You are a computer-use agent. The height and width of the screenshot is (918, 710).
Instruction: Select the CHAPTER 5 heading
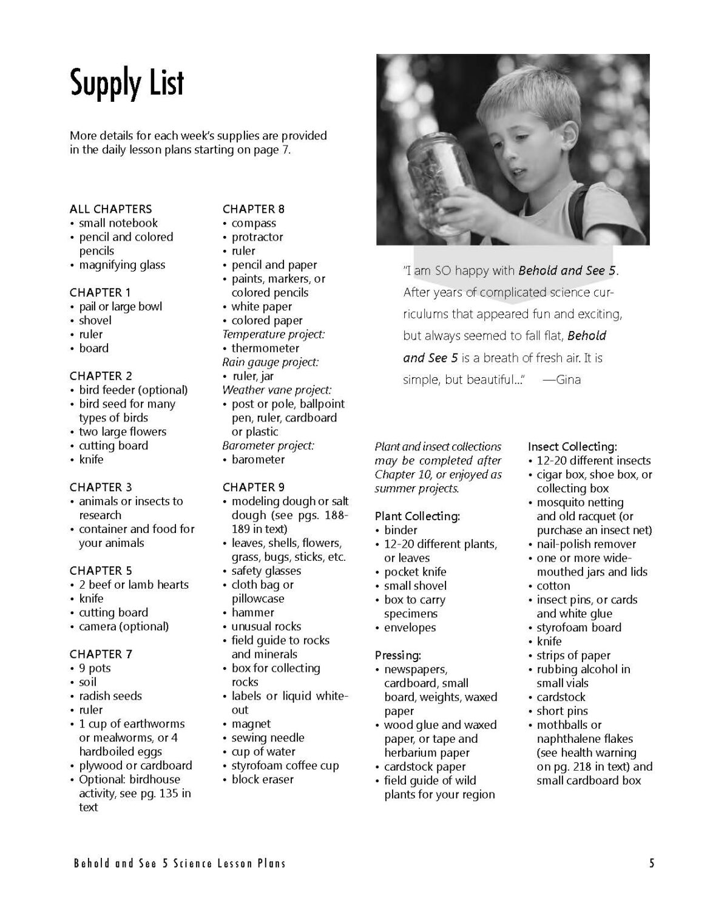[101, 571]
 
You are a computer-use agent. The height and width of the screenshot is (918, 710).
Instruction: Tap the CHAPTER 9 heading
[254, 487]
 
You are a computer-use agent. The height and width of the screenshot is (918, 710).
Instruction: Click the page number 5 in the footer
[652, 863]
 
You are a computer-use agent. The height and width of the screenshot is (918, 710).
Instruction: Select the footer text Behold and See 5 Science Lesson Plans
[180, 863]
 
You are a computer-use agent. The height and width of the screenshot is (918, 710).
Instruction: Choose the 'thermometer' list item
[265, 348]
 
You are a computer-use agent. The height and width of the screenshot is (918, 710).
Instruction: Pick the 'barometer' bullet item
[258, 460]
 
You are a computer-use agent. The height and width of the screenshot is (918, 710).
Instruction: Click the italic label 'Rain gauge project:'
[270, 362]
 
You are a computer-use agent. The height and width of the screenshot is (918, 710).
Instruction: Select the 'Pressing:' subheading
[397, 655]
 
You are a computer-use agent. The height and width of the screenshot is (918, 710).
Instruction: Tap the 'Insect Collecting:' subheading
[572, 446]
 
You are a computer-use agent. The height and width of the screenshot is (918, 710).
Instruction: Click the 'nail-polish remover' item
[586, 544]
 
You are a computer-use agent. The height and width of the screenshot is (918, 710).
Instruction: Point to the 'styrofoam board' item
[579, 628]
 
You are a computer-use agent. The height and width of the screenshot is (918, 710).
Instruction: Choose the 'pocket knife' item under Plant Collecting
[415, 572]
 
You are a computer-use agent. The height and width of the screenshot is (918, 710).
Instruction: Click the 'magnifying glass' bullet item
[122, 265]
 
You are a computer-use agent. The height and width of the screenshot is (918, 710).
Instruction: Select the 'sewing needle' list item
[268, 738]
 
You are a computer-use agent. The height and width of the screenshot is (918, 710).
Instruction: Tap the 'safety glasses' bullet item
[266, 571]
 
